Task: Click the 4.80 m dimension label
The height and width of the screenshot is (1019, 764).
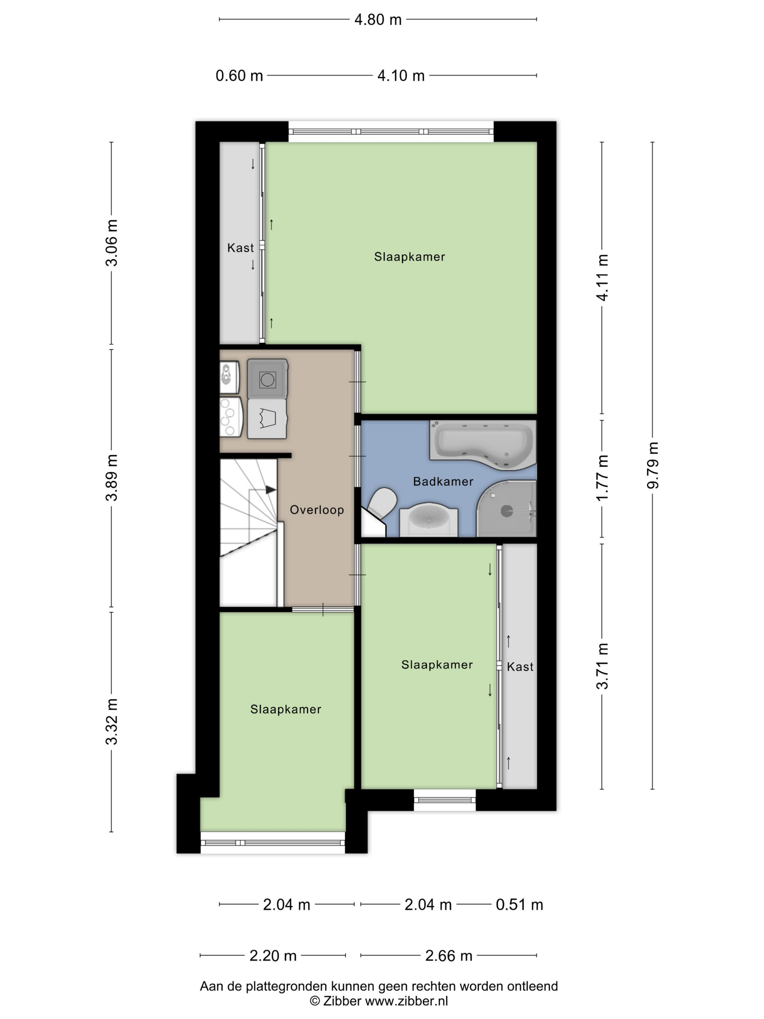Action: (x=378, y=20)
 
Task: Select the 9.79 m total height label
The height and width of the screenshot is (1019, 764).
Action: (x=653, y=465)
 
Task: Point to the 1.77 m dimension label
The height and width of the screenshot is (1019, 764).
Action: (x=602, y=478)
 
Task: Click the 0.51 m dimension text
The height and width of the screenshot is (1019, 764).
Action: (x=519, y=905)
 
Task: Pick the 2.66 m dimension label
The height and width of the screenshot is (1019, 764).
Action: (x=449, y=956)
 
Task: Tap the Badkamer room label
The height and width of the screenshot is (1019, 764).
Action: (x=443, y=481)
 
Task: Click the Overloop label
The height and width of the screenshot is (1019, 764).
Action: (x=317, y=509)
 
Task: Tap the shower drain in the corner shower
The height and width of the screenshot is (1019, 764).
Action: (x=506, y=510)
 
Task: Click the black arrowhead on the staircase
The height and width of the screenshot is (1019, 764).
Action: (x=271, y=490)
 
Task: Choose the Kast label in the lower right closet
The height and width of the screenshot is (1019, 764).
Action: (x=520, y=667)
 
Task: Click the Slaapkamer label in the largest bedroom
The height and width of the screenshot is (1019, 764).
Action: (x=409, y=257)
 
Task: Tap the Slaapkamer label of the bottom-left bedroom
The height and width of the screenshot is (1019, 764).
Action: (x=286, y=709)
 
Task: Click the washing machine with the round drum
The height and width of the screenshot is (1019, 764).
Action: (x=267, y=379)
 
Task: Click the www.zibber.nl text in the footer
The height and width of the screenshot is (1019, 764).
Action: (x=407, y=1000)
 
